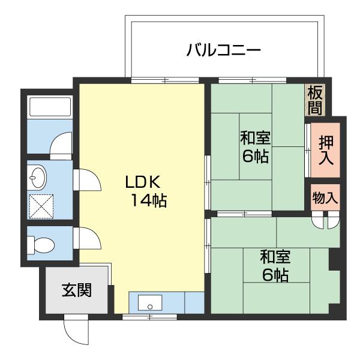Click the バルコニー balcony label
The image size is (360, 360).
click(223, 50)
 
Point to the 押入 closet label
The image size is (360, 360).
click(326, 150)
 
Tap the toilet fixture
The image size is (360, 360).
click(44, 245)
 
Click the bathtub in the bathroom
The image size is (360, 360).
click(50, 107)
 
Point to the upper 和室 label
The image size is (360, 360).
click(255, 138)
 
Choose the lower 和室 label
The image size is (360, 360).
click(275, 257)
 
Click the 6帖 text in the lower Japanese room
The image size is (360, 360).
click(275, 275)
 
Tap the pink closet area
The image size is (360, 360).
click(326, 150)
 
